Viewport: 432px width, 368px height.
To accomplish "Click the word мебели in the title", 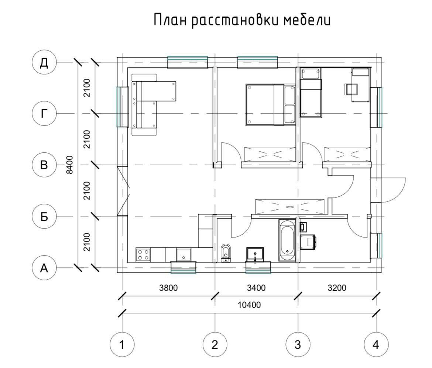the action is pos(306,20).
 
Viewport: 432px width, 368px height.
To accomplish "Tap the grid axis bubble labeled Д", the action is pos(44,62).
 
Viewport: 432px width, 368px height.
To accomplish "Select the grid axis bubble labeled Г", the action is pos(44,113).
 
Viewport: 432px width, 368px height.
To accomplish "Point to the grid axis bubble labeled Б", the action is pos(44,216).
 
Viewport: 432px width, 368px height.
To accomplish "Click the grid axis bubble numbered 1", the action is pos(122,344).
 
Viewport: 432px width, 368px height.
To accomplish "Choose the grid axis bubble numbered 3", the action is pos(298,344).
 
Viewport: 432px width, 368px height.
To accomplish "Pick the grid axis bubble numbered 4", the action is pos(376,344).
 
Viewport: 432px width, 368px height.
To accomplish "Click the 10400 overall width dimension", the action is pos(249,305).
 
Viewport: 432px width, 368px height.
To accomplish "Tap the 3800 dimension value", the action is pos(168,288).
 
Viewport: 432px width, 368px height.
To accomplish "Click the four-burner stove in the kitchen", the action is pos(143,254).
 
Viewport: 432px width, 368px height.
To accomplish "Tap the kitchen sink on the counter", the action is pos(184,254).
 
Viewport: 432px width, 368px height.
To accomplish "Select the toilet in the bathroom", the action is pos(226,253).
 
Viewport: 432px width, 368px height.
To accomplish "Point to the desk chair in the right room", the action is pos(351,89).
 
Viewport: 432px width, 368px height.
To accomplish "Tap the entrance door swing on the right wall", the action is pos(393,190).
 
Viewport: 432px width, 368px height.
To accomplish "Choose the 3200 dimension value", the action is pos(337,288).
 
